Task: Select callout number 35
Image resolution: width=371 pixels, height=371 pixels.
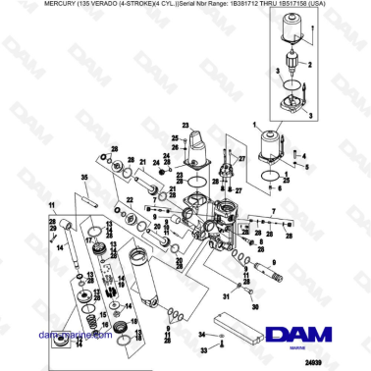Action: [x=84, y=177]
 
